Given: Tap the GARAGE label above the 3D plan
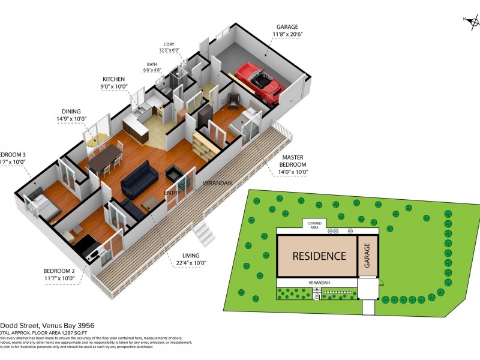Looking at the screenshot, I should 287,27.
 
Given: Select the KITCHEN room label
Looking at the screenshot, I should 113,79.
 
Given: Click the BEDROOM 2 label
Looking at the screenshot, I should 59,270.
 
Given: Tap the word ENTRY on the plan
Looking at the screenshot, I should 173,193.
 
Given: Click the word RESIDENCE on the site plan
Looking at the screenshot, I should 319,256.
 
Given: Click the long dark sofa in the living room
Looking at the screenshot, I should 139,178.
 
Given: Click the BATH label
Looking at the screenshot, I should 152,64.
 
